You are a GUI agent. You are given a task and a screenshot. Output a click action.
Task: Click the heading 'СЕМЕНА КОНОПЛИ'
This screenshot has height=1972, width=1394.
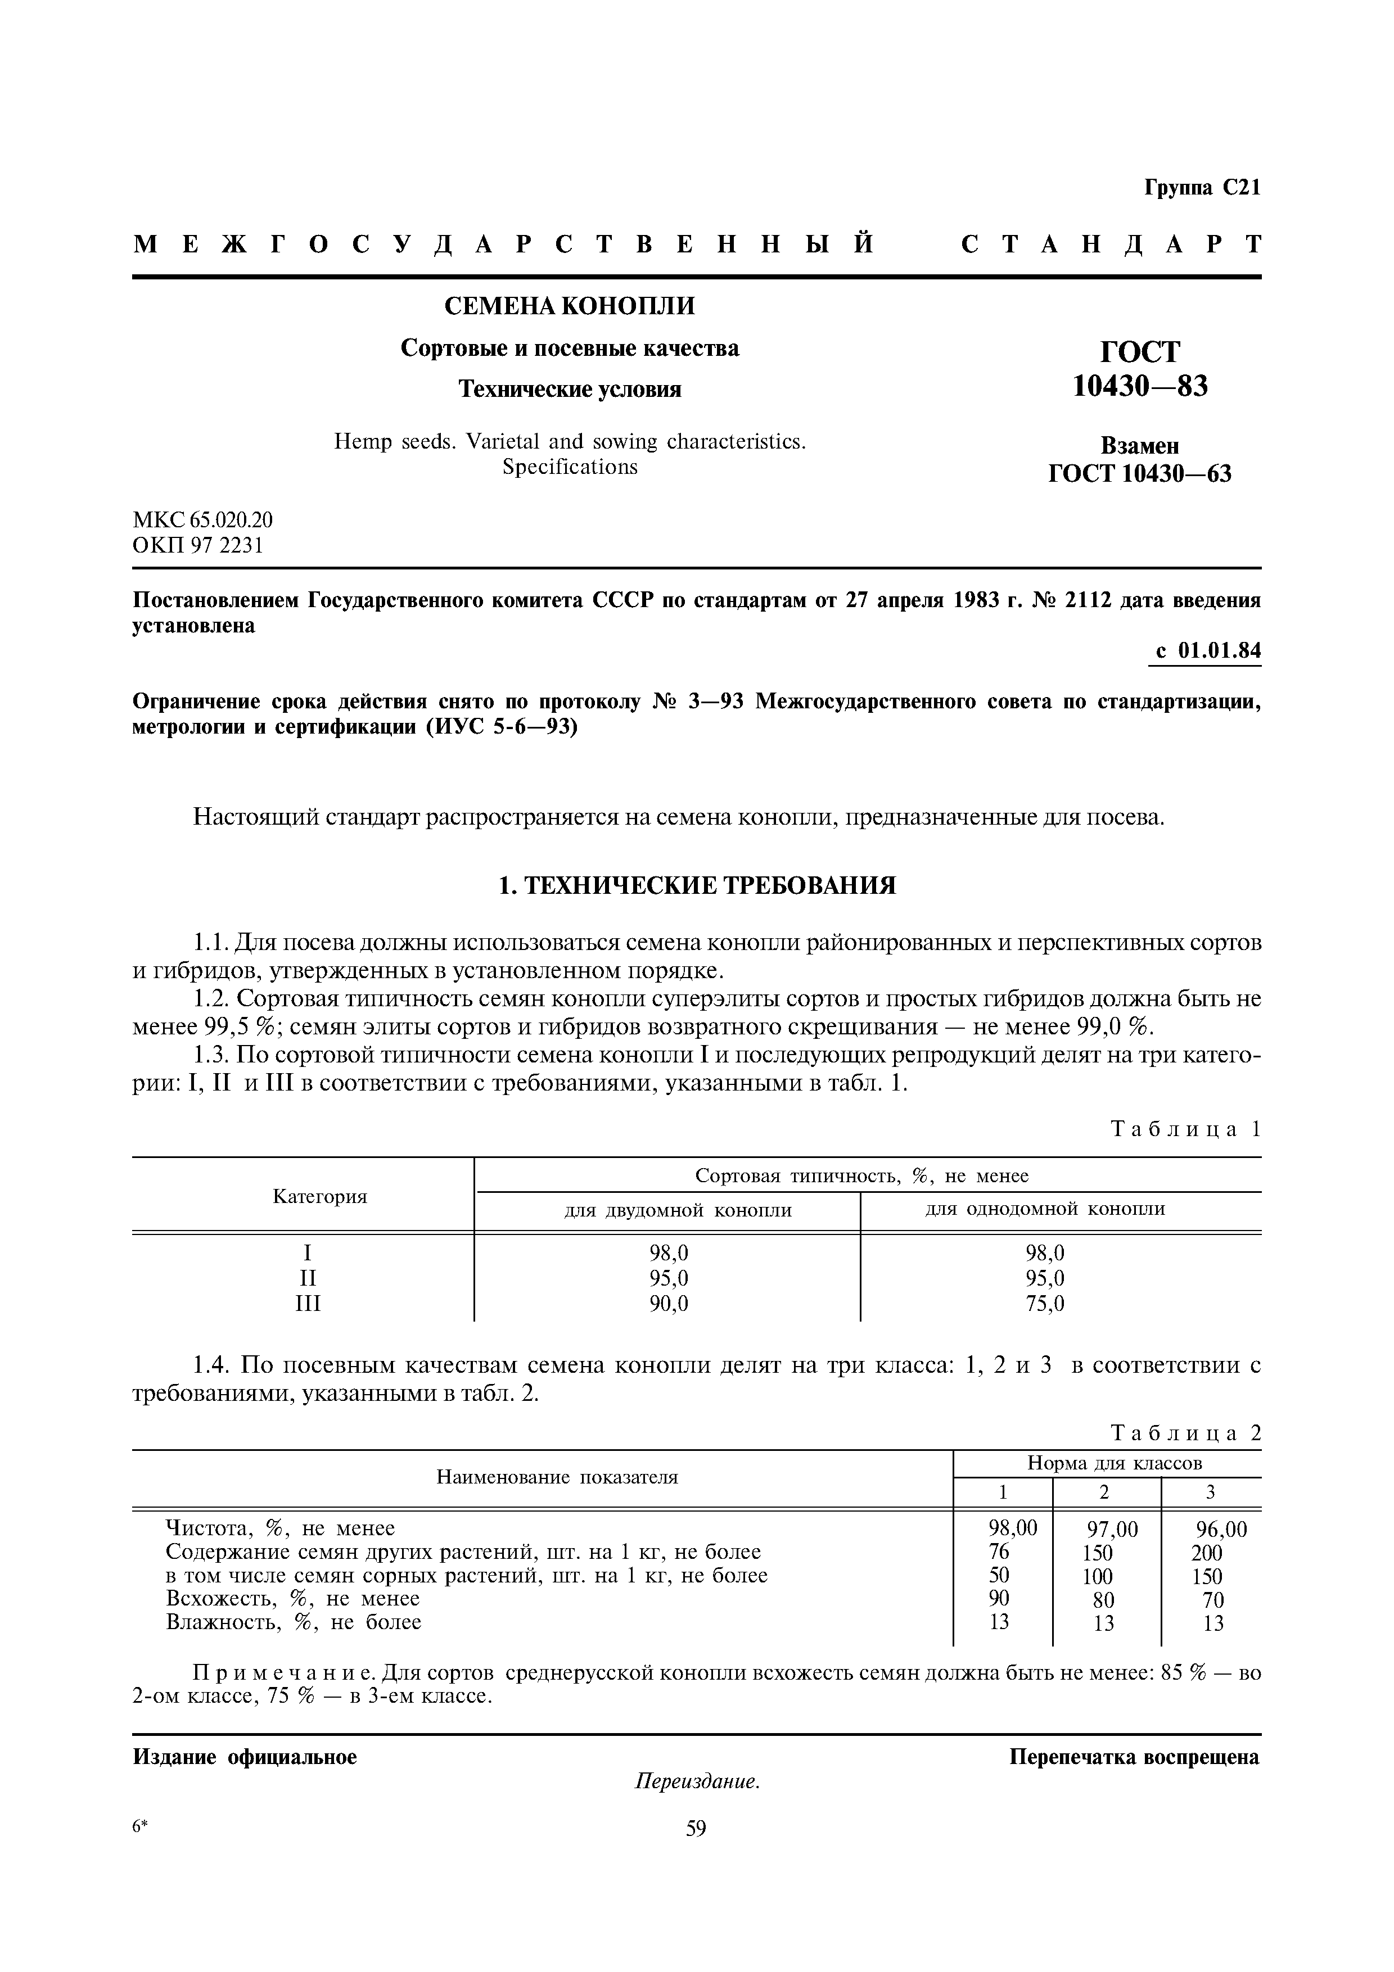point(569,306)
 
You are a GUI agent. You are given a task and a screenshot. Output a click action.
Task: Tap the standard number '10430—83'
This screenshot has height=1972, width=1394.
point(1140,387)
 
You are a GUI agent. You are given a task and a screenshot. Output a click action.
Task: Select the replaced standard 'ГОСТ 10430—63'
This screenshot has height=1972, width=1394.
point(1140,473)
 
